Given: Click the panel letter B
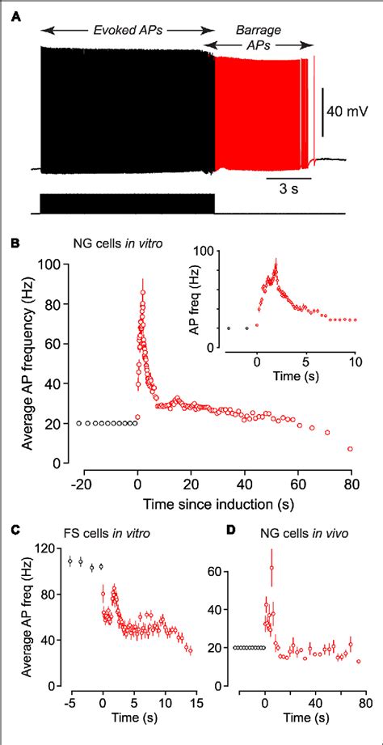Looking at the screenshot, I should [15, 242].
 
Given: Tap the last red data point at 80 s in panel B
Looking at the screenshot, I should [350, 448].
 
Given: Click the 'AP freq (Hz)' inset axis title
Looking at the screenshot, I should [215, 298].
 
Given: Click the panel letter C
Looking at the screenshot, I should [15, 531].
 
